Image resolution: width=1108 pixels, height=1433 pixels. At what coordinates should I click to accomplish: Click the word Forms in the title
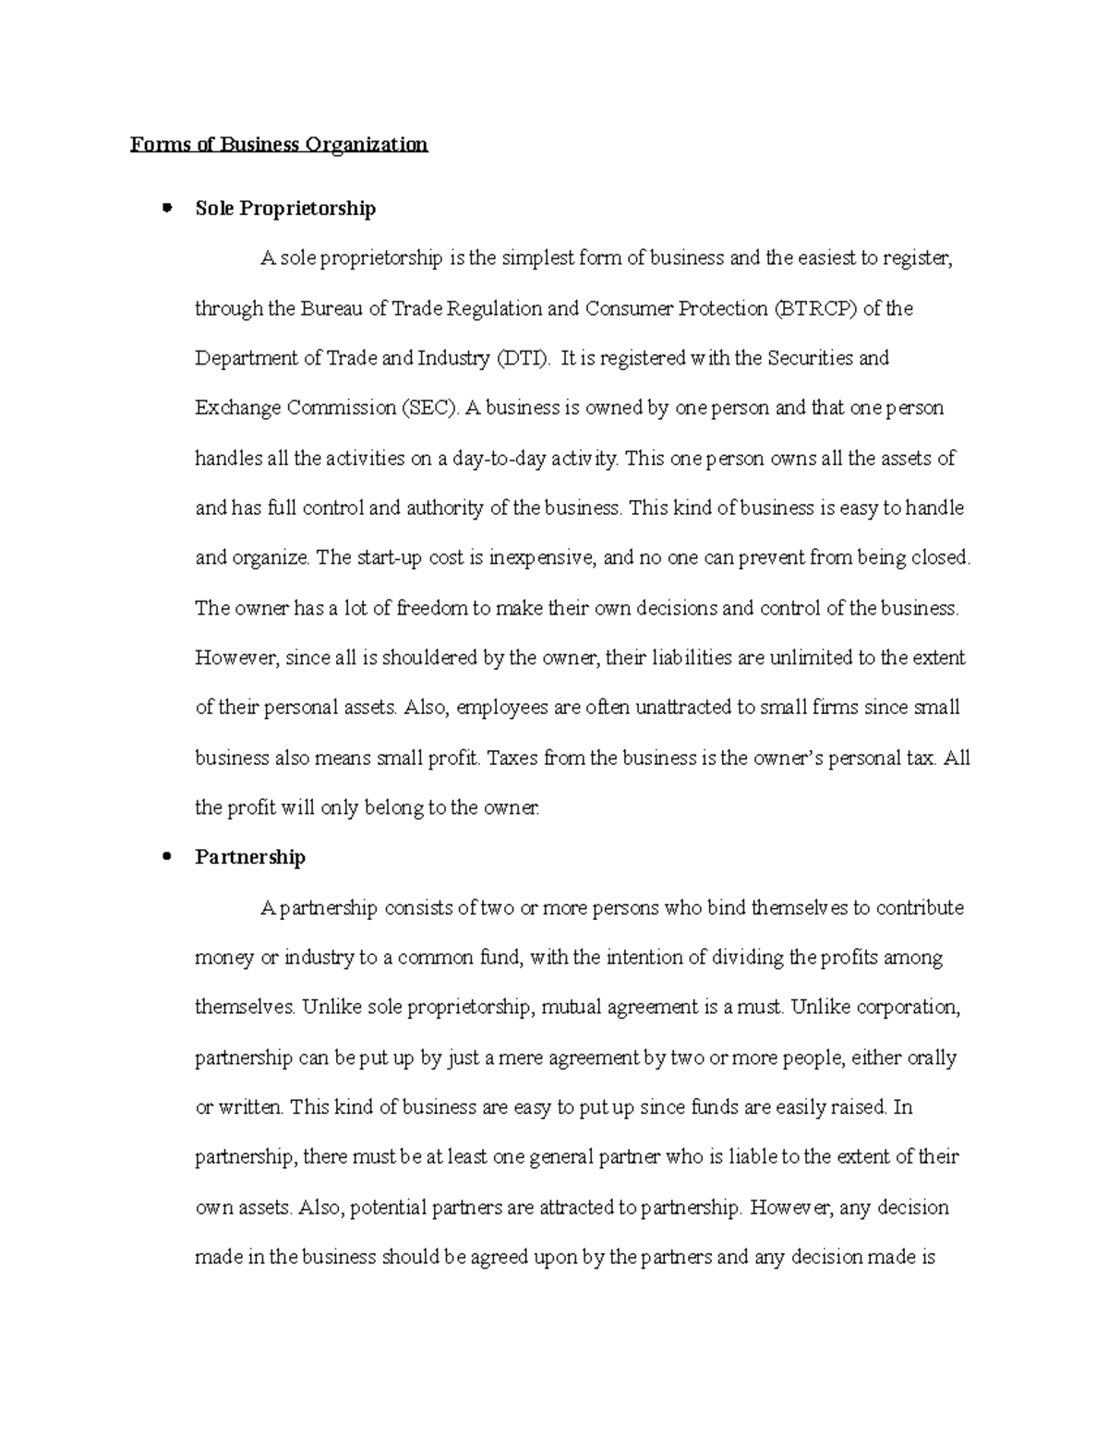click(154, 144)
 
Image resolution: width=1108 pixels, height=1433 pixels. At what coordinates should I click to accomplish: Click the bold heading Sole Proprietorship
click(285, 209)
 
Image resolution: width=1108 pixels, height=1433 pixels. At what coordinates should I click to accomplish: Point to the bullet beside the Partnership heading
click(167, 856)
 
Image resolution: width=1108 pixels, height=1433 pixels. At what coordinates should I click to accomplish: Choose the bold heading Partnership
click(250, 857)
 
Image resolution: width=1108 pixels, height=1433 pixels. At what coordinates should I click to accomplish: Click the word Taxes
click(512, 758)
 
